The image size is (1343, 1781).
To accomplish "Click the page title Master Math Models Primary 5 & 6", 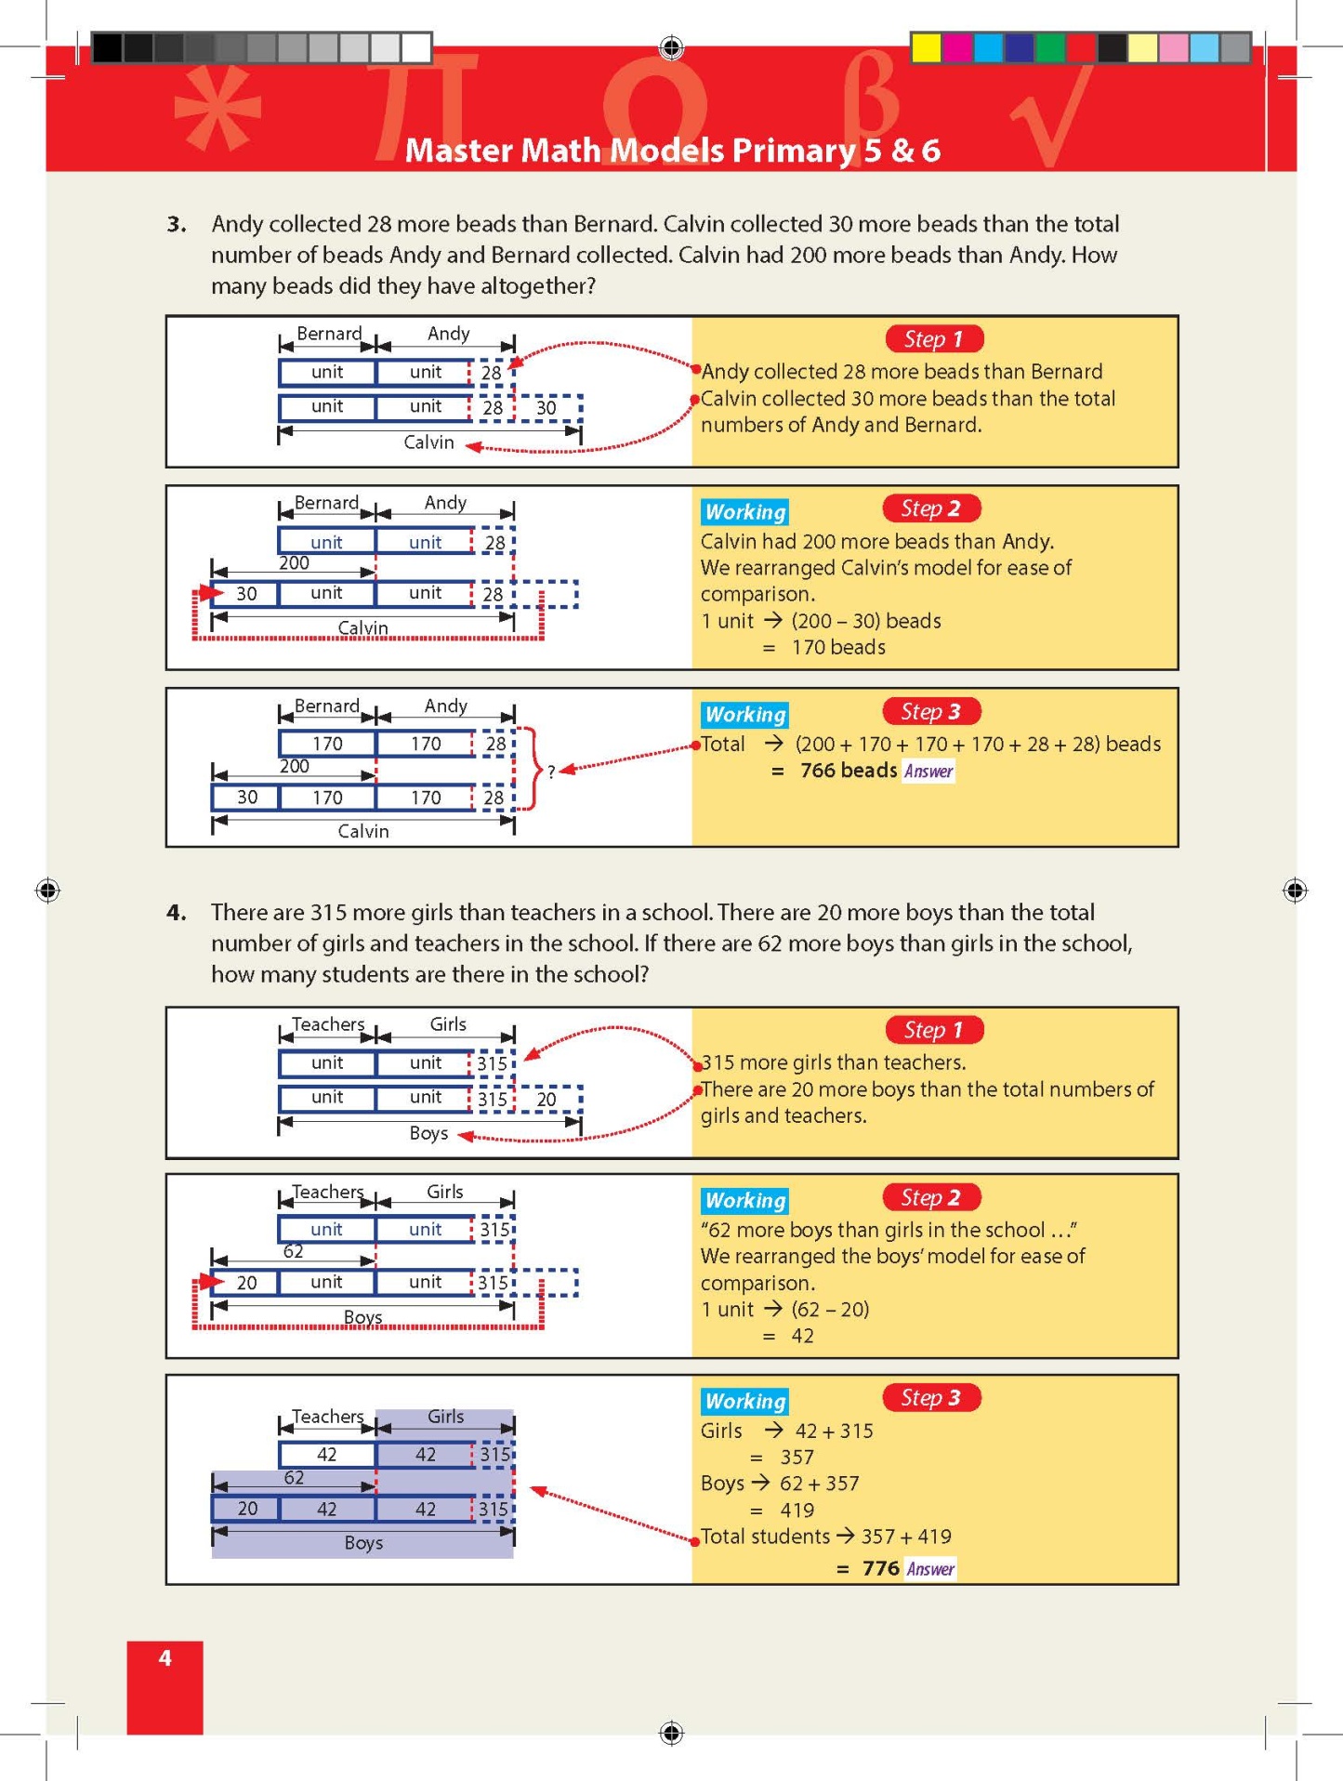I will (x=672, y=150).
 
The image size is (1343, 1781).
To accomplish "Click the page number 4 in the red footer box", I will (x=165, y=1657).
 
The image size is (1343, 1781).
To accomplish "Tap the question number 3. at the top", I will (x=177, y=224).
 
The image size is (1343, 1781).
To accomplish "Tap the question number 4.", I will (x=177, y=913).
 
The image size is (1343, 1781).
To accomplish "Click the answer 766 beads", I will (x=848, y=771).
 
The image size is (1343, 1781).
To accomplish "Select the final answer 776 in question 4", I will (x=879, y=1569).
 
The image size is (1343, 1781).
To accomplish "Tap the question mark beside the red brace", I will (x=551, y=772).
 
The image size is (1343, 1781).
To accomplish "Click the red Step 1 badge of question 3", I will (x=933, y=339).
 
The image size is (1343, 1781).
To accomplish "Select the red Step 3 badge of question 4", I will (x=930, y=1398).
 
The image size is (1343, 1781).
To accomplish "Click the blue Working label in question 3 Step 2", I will (x=744, y=512).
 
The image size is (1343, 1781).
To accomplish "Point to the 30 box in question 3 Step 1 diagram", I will (x=546, y=407).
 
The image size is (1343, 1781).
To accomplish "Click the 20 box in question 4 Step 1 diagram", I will (x=546, y=1099).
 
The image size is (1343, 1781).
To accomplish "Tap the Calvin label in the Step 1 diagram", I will (x=428, y=442).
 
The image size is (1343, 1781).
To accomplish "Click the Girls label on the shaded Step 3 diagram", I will (x=445, y=1417).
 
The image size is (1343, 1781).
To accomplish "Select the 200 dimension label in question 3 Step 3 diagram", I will (x=294, y=766).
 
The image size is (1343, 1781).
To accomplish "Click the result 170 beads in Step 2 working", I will (x=837, y=648).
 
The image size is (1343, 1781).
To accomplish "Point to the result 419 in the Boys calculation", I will (x=797, y=1511).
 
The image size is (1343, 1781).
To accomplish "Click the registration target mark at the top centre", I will (x=671, y=46).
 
